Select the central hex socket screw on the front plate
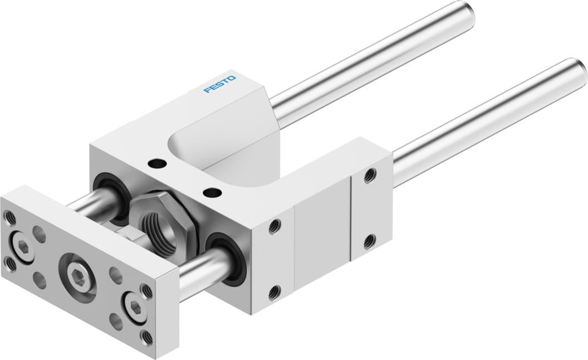76,273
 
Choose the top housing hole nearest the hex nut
211,193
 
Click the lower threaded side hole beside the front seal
273,291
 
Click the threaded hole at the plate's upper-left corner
9,215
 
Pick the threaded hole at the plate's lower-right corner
146,335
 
